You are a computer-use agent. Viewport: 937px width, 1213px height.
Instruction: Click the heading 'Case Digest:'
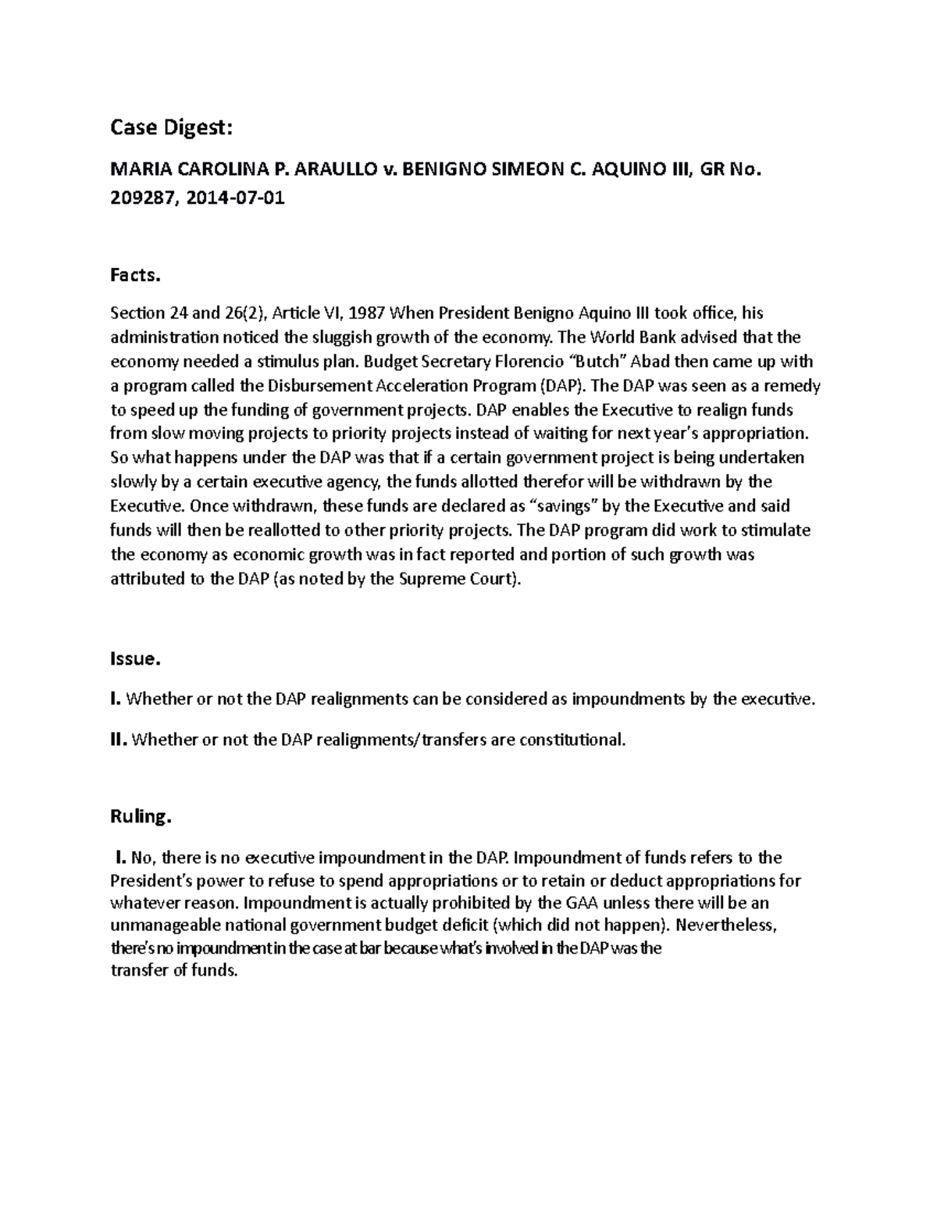(171, 128)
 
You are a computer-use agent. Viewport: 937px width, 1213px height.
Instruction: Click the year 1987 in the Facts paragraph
(367, 313)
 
